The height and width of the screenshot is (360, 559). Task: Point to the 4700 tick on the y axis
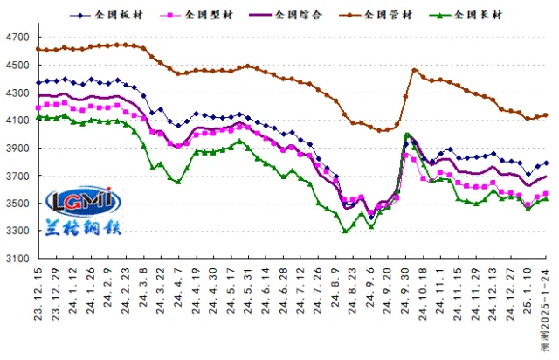click(x=17, y=38)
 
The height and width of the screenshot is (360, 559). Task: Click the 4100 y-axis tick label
click(x=17, y=121)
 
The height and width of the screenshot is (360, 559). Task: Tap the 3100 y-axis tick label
click(x=17, y=259)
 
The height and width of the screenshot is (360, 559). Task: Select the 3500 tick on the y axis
click(x=17, y=204)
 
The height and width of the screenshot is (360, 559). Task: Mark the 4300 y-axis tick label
click(x=17, y=93)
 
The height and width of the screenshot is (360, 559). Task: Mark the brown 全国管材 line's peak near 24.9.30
click(x=414, y=70)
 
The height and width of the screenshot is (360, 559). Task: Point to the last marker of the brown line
click(x=546, y=115)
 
